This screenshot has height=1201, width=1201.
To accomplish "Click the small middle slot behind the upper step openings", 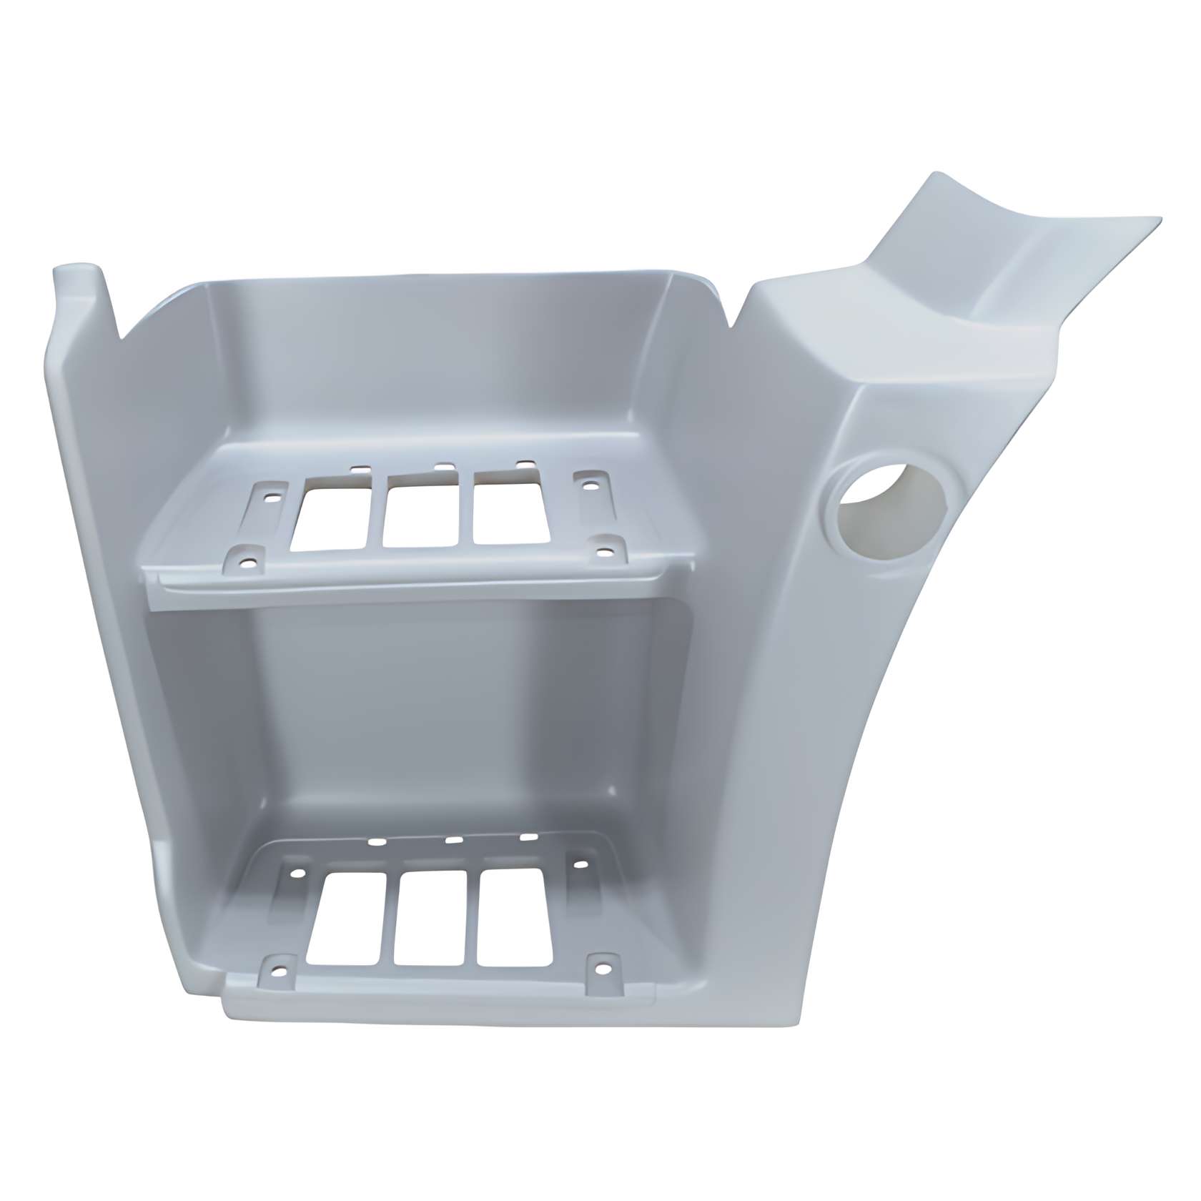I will tap(444, 466).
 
